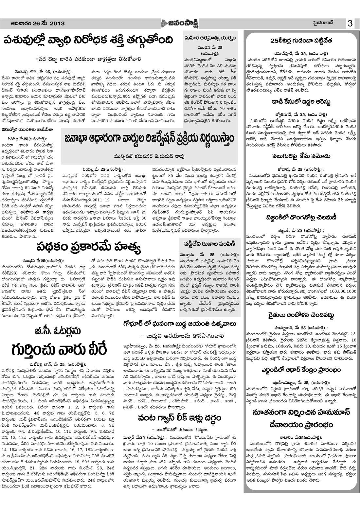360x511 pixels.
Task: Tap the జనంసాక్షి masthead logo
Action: click(x=180, y=23)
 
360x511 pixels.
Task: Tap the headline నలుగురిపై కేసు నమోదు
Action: click(x=301, y=156)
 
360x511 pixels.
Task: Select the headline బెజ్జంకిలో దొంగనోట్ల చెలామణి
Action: click(x=301, y=218)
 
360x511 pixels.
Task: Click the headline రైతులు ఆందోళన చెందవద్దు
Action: click(x=301, y=316)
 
